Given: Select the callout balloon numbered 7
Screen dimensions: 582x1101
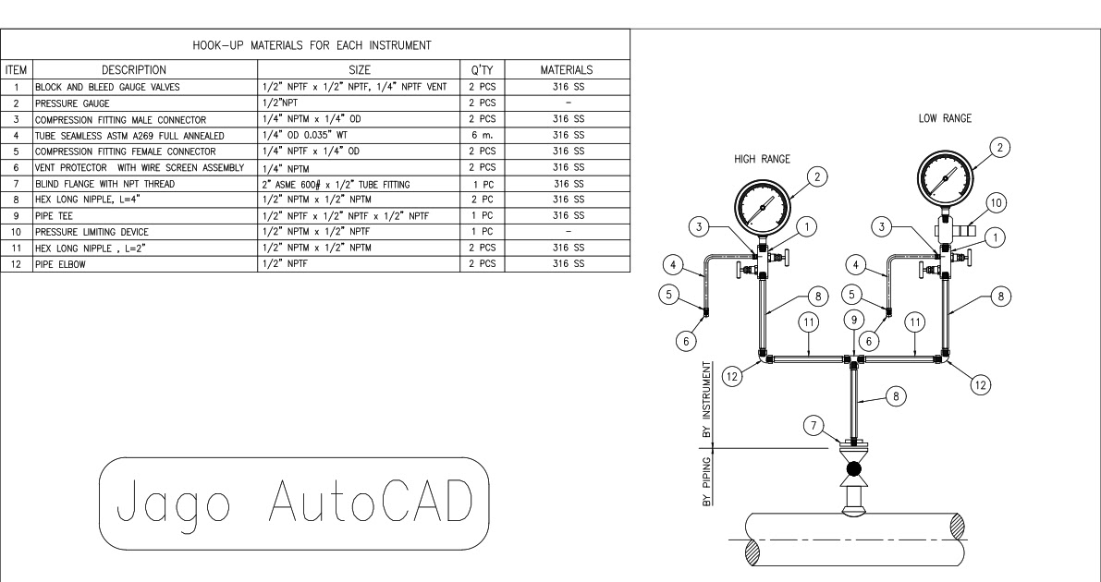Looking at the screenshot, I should click(x=814, y=427).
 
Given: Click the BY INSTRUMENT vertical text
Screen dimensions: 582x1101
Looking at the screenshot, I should click(x=707, y=398).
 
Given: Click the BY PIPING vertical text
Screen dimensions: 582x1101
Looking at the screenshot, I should click(x=707, y=481).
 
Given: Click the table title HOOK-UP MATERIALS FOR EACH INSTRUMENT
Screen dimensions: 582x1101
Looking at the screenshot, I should click(x=315, y=45).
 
